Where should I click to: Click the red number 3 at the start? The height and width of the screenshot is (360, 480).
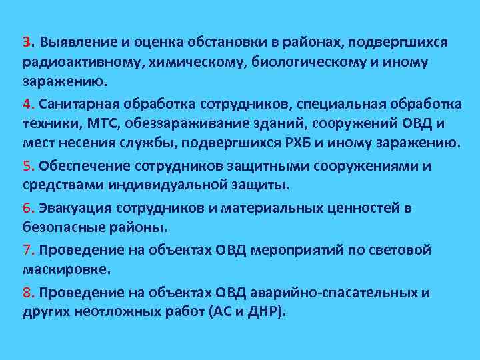25,43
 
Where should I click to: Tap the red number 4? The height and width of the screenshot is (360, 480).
25,105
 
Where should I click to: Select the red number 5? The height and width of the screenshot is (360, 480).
25,167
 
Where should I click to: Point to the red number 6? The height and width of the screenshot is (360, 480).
25,209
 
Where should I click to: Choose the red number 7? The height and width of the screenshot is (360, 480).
25,251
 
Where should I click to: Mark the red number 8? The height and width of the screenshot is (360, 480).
25,293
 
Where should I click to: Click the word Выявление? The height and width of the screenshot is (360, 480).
78,43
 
